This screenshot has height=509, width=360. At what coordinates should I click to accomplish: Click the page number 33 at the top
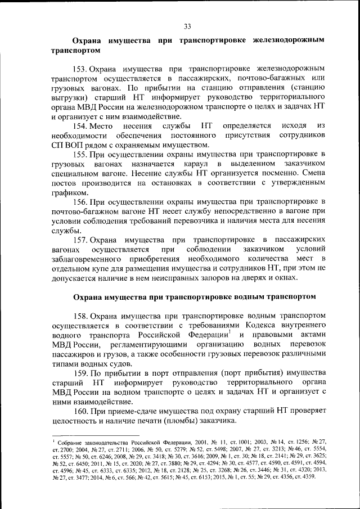click(187, 25)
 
